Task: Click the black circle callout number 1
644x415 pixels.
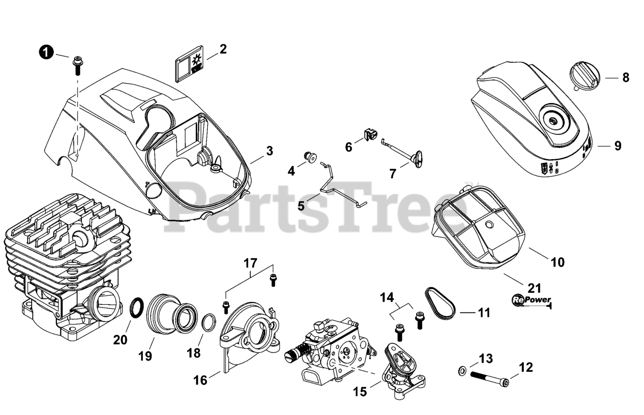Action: [x=46, y=52]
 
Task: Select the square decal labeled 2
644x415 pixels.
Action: [x=188, y=66]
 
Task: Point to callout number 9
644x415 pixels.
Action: [x=617, y=146]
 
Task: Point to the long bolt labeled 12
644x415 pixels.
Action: [x=489, y=376]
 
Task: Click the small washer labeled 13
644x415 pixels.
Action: [x=461, y=371]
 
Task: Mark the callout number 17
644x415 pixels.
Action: [x=251, y=263]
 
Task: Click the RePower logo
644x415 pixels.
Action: [x=531, y=300]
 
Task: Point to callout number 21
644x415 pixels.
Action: [x=534, y=288]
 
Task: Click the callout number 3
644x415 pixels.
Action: [x=270, y=150]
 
